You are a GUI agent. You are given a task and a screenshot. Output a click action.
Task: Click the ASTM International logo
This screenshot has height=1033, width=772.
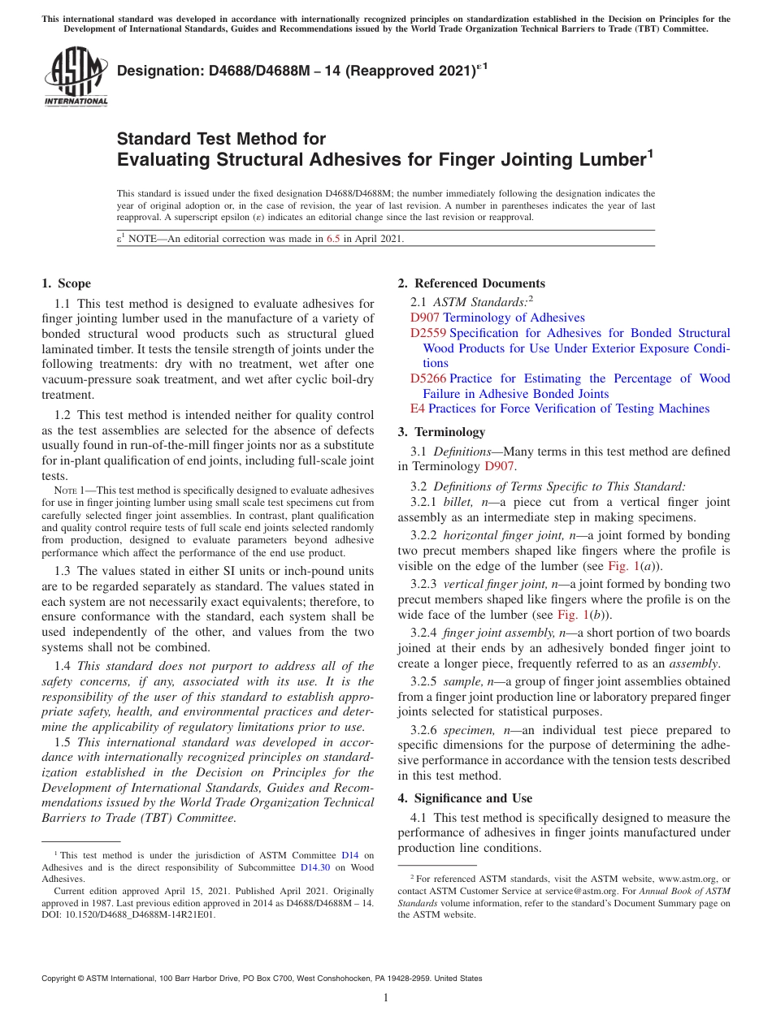(76, 77)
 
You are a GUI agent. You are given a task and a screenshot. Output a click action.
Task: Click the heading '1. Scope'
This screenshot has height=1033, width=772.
(66, 283)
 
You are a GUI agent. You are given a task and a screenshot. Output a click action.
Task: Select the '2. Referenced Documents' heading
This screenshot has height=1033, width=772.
(471, 283)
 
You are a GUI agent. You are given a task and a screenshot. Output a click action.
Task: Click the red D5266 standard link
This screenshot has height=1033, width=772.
(428, 378)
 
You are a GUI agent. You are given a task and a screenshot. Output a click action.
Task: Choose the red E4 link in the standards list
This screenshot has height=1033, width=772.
(418, 408)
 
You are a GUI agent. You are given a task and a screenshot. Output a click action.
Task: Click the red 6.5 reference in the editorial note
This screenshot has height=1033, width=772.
(333, 239)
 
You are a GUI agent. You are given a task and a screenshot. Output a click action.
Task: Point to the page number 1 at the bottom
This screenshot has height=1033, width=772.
(386, 997)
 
